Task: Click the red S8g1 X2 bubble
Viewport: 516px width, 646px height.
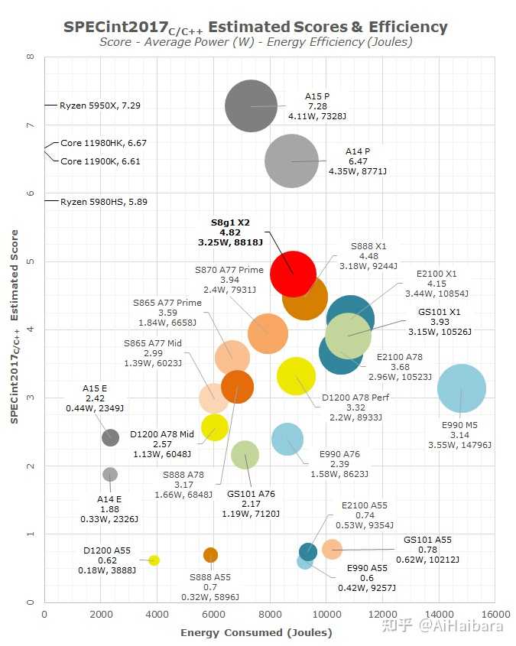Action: (293, 274)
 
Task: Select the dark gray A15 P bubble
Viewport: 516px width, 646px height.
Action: (251, 106)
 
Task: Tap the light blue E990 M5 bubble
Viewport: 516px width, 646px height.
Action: (462, 388)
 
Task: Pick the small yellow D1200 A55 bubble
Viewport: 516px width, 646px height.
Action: (154, 560)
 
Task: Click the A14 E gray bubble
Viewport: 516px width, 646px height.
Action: (110, 475)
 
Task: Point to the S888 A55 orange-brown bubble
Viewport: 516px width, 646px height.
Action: (210, 555)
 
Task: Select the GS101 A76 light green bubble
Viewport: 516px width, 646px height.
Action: (245, 455)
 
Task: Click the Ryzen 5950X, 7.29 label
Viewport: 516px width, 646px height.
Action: (99, 104)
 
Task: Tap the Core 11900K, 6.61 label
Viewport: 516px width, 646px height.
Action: (100, 161)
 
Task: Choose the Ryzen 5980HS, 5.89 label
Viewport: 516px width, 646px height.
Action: (103, 201)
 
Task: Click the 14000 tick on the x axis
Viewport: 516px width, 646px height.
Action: (439, 615)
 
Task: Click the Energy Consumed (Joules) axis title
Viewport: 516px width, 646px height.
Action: (256, 632)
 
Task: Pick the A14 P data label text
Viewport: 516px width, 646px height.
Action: (358, 161)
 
